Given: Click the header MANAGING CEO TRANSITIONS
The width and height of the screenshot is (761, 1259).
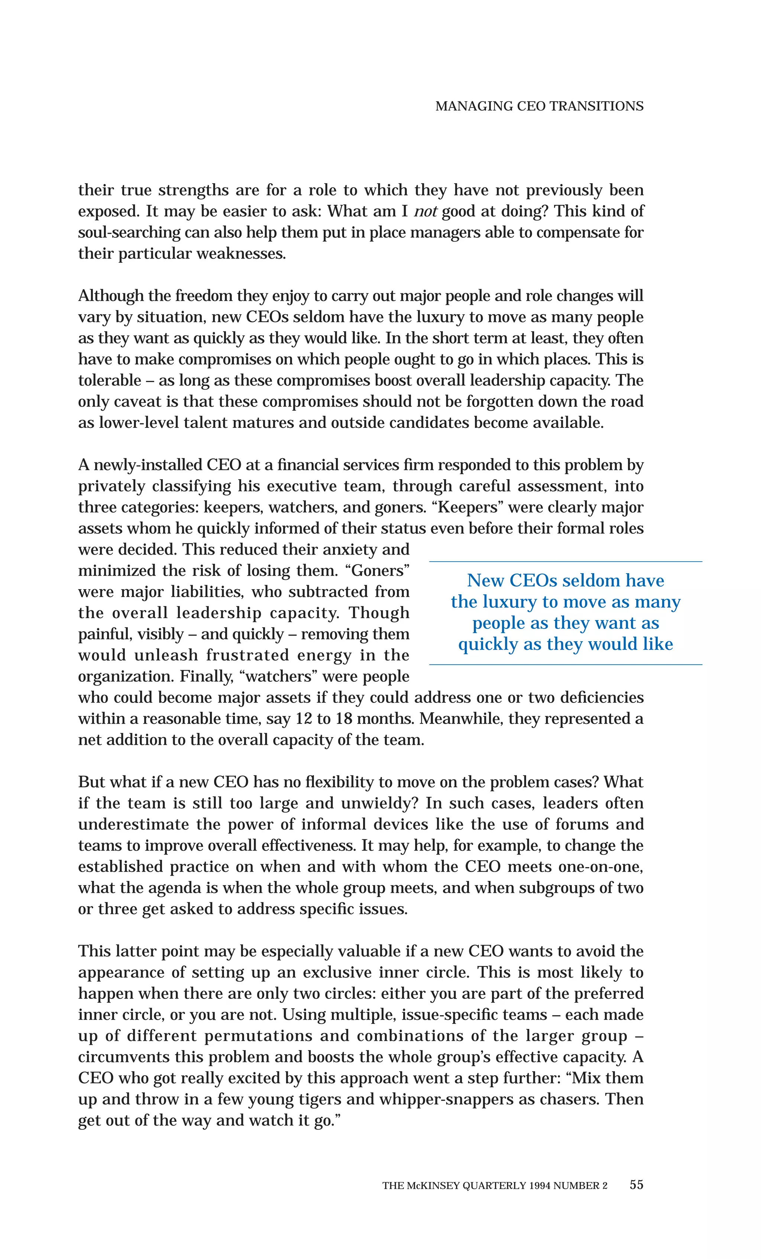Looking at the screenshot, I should point(539,106).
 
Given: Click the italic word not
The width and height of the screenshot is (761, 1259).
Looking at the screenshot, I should point(425,211).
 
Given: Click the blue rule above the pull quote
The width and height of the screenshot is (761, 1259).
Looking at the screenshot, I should point(566,562).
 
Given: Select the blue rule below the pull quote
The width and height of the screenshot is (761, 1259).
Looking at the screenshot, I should point(566,665).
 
